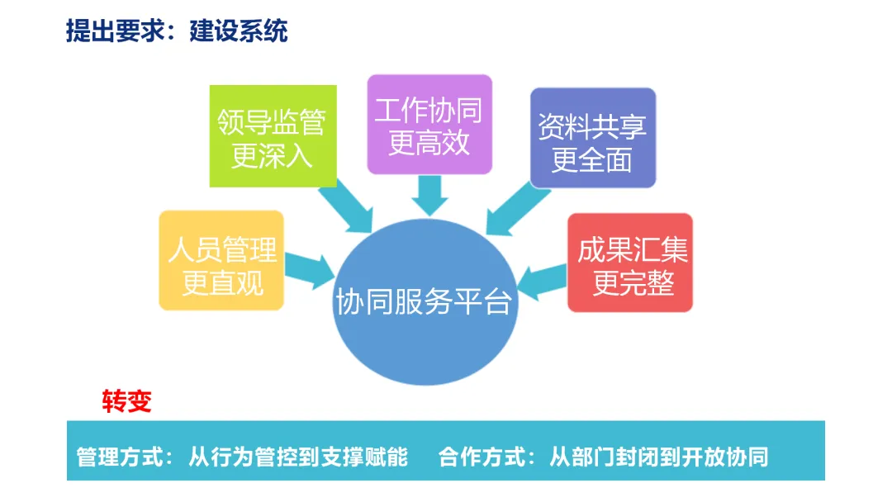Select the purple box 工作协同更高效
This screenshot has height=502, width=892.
(429, 125)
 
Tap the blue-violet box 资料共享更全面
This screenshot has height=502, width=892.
(592, 138)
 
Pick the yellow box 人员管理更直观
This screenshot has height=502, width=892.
(221, 260)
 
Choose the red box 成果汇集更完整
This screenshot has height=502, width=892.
(629, 262)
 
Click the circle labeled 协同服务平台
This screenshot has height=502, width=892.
(423, 302)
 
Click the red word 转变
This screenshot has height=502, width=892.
(127, 401)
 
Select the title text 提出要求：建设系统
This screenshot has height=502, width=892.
(177, 31)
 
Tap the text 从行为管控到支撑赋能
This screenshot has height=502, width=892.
(298, 457)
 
